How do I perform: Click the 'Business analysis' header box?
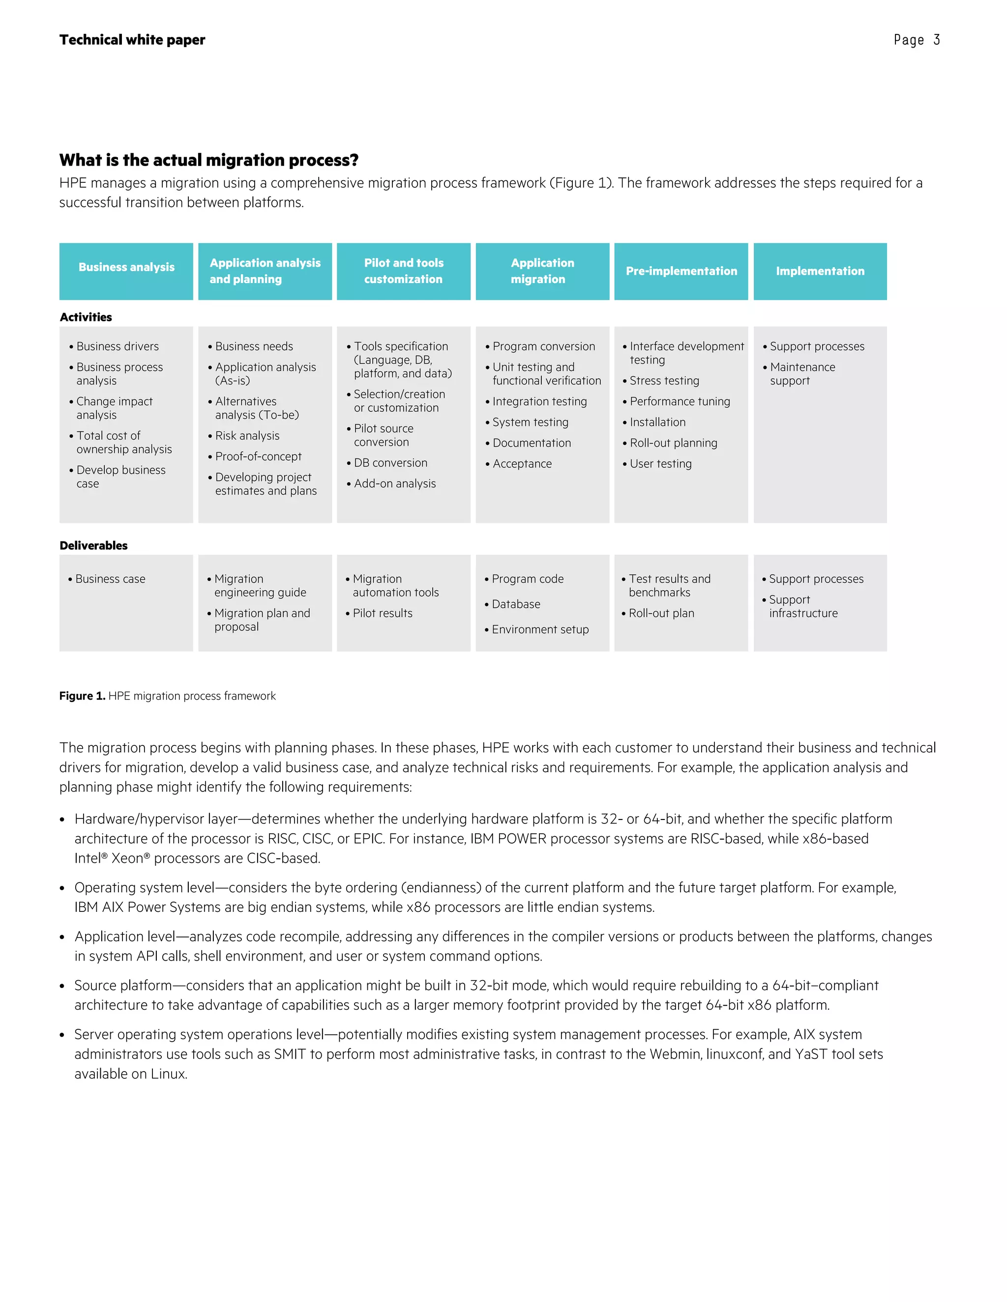pyautogui.click(x=126, y=271)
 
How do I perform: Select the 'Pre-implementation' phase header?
pyautogui.click(x=681, y=271)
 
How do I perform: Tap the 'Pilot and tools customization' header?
pyautogui.click(x=403, y=271)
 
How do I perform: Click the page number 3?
pyautogui.click(x=937, y=40)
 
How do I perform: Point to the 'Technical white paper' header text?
pyautogui.click(x=132, y=40)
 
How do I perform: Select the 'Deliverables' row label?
pyautogui.click(x=93, y=545)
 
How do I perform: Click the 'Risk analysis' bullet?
pyautogui.click(x=247, y=436)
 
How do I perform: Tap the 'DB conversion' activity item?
pyautogui.click(x=390, y=463)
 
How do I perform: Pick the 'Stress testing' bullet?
pyautogui.click(x=664, y=380)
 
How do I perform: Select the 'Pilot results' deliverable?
pyautogui.click(x=383, y=613)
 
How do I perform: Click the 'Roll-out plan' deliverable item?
pyautogui.click(x=661, y=613)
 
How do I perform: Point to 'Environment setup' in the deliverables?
pyautogui.click(x=540, y=629)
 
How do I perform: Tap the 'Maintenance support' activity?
pyautogui.click(x=802, y=374)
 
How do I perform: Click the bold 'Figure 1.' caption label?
pyautogui.click(x=82, y=696)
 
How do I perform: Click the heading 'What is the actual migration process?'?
pyautogui.click(x=209, y=160)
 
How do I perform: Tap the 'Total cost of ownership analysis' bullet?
pyautogui.click(x=123, y=442)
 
